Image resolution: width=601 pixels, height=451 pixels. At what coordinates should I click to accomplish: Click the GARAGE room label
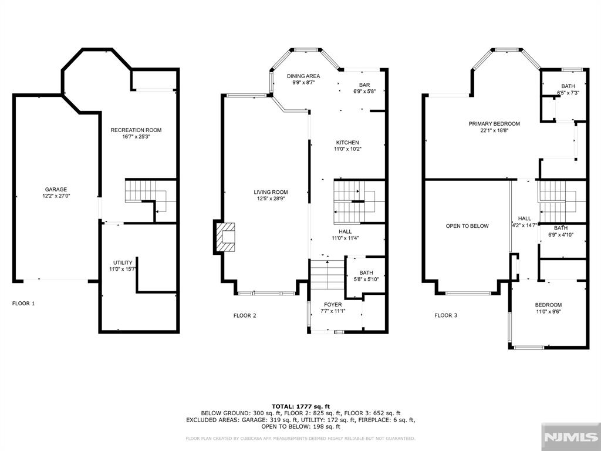56,190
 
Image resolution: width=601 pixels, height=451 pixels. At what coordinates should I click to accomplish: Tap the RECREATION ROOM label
136,130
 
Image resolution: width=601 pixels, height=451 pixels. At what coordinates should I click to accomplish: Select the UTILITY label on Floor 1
123,262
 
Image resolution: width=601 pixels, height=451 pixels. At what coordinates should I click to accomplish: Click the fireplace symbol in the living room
225,237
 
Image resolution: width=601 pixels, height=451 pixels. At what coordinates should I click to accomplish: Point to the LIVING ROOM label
271,192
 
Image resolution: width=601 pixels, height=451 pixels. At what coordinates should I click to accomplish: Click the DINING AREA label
303,76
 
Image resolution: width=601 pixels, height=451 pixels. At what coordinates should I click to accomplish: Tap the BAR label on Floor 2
364,85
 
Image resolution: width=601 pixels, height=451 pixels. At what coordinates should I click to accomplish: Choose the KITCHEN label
347,143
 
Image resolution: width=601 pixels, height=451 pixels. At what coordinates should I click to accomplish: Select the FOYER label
333,305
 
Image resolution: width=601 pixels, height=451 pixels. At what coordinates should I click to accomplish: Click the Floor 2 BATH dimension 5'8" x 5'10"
366,279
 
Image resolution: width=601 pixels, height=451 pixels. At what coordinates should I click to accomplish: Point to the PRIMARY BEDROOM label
494,123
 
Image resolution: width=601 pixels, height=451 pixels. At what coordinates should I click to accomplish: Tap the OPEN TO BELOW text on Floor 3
467,226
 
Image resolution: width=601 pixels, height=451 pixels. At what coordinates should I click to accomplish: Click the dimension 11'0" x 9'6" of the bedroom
549,311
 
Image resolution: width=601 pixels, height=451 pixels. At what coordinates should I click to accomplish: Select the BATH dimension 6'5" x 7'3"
568,92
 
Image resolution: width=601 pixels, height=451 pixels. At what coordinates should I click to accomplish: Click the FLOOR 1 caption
23,304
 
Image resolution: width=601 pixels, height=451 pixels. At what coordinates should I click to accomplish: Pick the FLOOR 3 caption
446,315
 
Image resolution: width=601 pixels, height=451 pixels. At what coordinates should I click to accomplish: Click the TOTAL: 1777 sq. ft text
301,406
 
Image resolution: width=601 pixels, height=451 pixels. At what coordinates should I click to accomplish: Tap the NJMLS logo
571,437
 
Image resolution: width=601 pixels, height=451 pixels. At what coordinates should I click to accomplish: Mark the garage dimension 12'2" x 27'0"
56,196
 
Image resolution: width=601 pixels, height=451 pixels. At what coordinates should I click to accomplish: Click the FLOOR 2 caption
245,315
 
